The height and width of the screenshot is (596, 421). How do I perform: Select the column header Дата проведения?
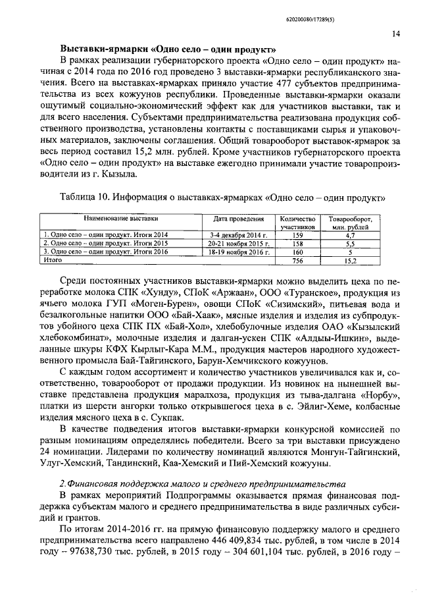(x=238, y=218)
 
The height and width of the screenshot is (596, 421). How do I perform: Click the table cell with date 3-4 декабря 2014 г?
(x=238, y=234)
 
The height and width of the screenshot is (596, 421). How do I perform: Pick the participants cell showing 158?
(x=296, y=243)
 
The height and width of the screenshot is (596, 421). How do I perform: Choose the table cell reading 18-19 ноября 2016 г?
(x=238, y=252)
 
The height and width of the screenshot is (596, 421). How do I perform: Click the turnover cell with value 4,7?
(x=350, y=234)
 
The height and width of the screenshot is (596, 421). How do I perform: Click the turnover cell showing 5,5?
(x=350, y=243)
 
